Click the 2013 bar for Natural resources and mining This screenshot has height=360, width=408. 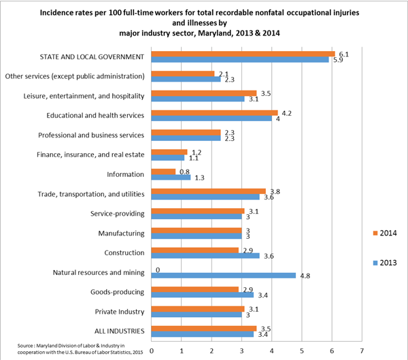pos(224,276)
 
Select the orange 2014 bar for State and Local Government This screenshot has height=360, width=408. pos(243,53)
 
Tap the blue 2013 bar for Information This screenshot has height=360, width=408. pos(170,178)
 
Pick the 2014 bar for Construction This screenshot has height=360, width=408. pos(194,250)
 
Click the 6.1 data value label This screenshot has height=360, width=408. pos(344,53)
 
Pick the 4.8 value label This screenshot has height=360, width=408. pos(305,276)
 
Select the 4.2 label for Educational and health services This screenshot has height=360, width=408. pos(286,112)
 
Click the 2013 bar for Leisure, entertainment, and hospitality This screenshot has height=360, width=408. pos(197,99)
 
